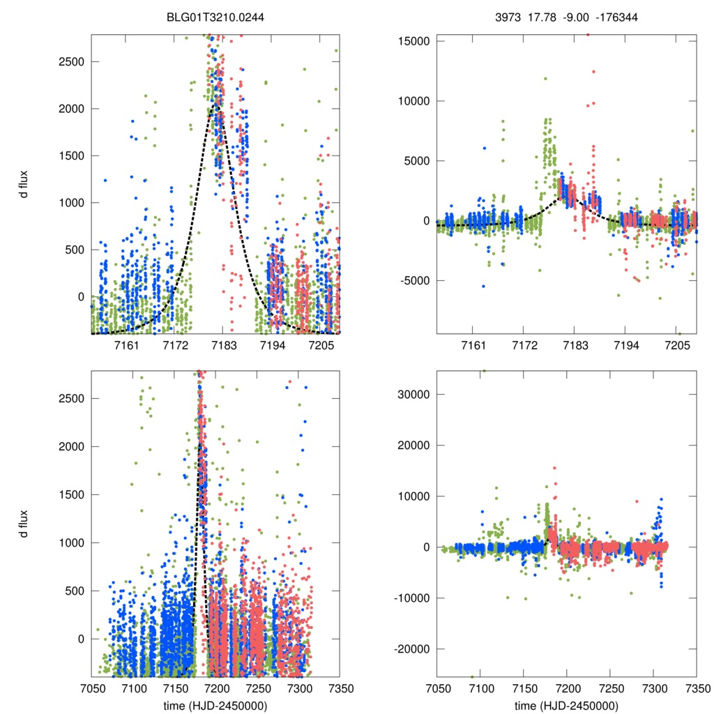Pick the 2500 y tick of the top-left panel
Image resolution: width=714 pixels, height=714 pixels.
coord(70,61)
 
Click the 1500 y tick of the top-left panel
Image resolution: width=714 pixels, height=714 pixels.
coord(70,155)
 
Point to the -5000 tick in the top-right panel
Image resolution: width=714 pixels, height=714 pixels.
coord(413,281)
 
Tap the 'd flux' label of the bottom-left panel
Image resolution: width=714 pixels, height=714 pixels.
coord(24,524)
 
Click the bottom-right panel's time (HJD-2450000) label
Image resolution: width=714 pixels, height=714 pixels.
coord(566,705)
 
